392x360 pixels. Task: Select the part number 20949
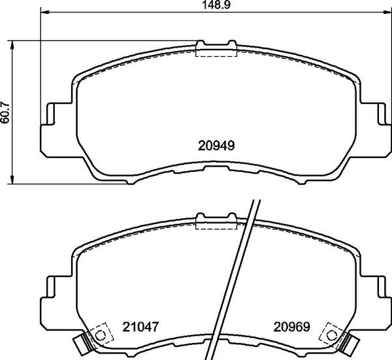click(216, 147)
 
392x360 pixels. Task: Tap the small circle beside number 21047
click(100, 335)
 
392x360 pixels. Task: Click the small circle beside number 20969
click(330, 335)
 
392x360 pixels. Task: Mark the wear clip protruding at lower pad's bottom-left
click(82, 341)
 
